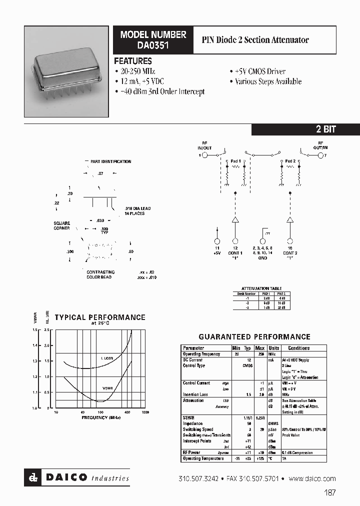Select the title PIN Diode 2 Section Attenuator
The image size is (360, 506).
tap(255, 39)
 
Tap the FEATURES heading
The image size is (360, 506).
tap(133, 61)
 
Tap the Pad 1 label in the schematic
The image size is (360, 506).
tap(235, 161)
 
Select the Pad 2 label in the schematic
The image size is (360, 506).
tap(290, 161)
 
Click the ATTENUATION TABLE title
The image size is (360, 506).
tap(261, 288)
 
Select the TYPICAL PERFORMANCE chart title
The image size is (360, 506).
tap(100, 317)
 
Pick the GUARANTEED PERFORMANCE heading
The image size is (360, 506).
tap(254, 337)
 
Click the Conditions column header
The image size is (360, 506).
tap(298, 348)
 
